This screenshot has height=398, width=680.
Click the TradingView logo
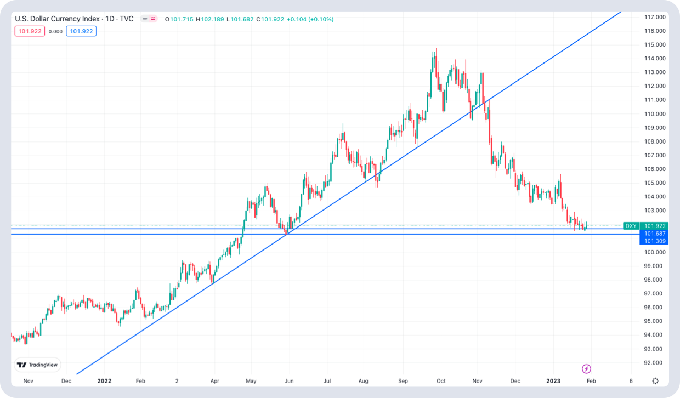point(38,365)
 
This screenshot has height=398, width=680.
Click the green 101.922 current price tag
point(655,226)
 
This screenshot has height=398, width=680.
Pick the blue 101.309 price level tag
point(655,241)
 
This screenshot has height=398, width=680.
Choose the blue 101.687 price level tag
point(655,234)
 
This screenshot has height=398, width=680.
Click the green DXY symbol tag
point(631,226)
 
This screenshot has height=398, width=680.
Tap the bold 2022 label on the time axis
point(104,381)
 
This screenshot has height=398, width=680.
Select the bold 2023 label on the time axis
point(553,381)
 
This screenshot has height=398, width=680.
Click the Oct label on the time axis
point(441,381)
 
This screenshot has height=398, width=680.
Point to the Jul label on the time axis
point(327,381)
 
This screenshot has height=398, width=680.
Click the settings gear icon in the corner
point(655,381)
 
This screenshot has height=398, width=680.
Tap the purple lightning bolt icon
point(586,369)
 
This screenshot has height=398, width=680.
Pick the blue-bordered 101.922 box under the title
point(81,31)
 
